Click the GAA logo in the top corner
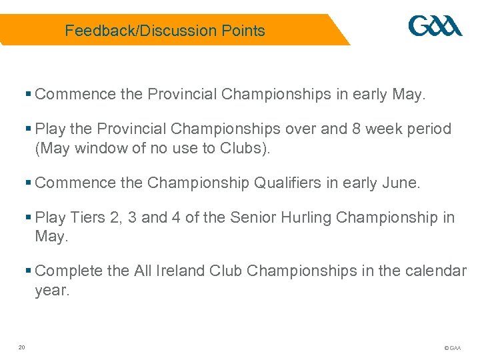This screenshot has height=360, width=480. point(435,27)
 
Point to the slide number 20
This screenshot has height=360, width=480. point(22,347)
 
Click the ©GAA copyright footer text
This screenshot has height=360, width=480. point(451,348)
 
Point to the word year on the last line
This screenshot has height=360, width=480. point(52,291)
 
